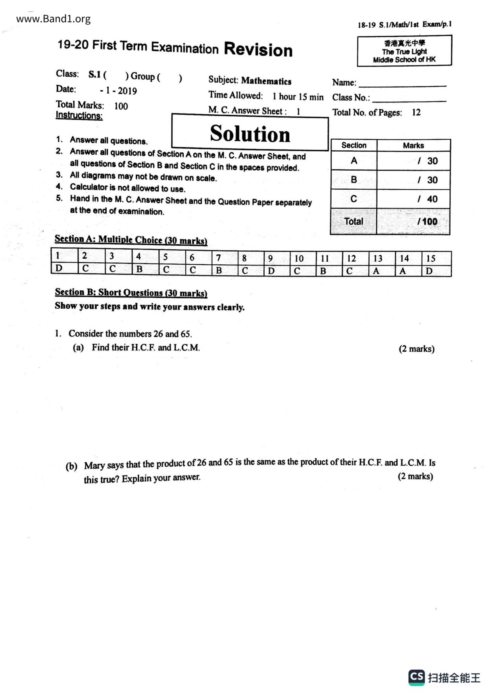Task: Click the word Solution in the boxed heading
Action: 250,133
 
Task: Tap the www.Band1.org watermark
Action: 53,19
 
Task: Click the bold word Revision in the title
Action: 258,50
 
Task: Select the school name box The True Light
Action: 404,51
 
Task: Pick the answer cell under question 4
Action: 145,269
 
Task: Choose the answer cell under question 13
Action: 382,271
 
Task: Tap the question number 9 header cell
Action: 277,258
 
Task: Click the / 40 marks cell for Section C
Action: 413,199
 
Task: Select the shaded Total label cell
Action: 354,221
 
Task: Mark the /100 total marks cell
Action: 413,221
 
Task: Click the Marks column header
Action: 413,146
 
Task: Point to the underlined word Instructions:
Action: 79,115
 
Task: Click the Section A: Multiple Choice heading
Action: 131,240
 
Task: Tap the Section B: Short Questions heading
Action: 131,293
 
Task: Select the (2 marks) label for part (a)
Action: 416,349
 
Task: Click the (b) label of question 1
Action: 71,466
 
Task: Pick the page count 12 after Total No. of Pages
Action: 416,112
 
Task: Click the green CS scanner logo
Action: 417,677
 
